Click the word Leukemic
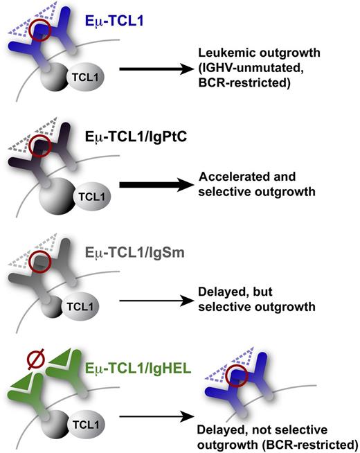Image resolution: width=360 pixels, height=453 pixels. click(219, 53)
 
